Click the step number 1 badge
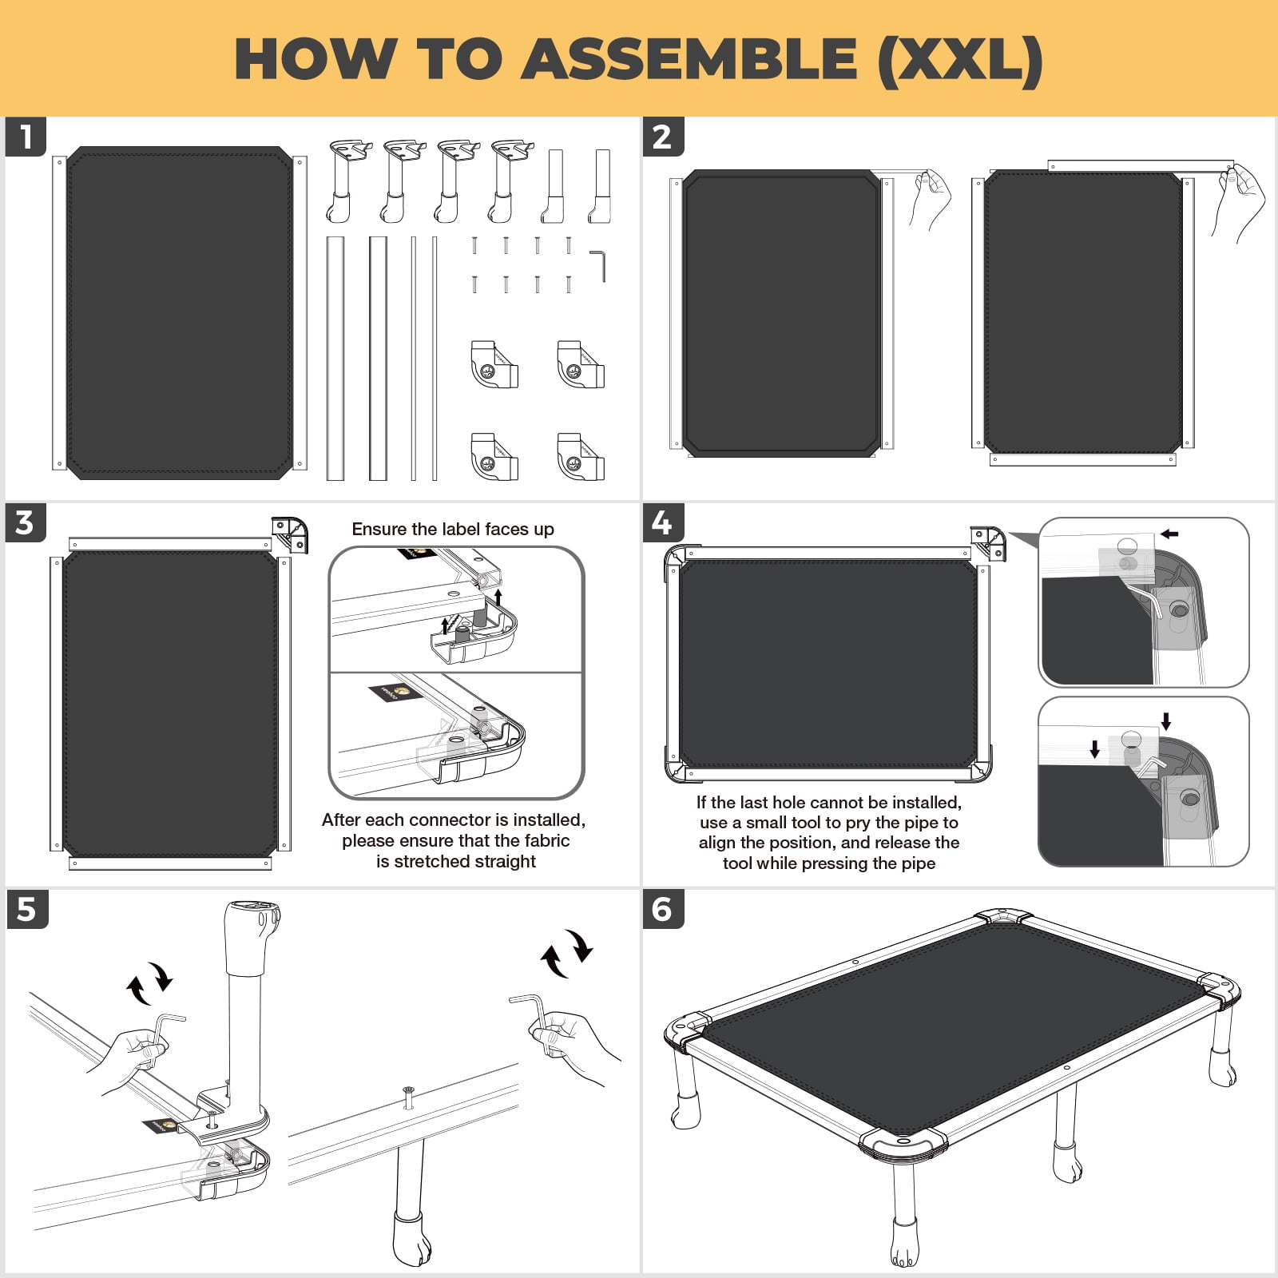pyautogui.click(x=26, y=137)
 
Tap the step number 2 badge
pyautogui.click(x=663, y=137)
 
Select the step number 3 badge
pyautogui.click(x=26, y=522)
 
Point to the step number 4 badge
pyautogui.click(x=663, y=522)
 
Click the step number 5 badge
pyautogui.click(x=26, y=909)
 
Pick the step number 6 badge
pyautogui.click(x=663, y=909)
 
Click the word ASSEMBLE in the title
pyautogui.click(x=689, y=59)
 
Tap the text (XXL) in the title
pyautogui.click(x=961, y=61)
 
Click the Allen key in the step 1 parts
pyautogui.click(x=598, y=266)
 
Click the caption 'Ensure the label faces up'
pyautogui.click(x=453, y=529)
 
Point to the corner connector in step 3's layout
pyautogui.click(x=290, y=534)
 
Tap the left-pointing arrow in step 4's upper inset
pyautogui.click(x=1169, y=534)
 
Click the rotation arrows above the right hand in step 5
pyautogui.click(x=566, y=953)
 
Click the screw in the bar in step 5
pyautogui.click(x=409, y=1097)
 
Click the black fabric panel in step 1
pyautogui.click(x=180, y=313)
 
